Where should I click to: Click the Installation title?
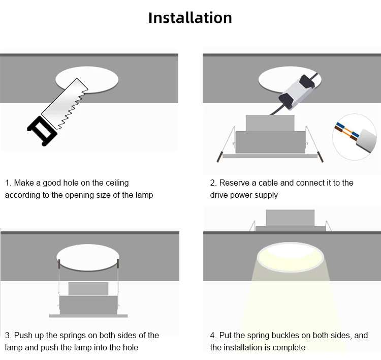point(190,18)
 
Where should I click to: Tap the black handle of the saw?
point(42,131)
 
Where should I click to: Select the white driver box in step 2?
point(299,93)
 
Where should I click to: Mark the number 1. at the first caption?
point(8,183)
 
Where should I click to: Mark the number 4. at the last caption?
point(213,336)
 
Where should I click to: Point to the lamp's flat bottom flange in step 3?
point(88,316)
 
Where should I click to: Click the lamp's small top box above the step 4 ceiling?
point(290,218)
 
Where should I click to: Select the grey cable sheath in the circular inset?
point(366,140)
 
